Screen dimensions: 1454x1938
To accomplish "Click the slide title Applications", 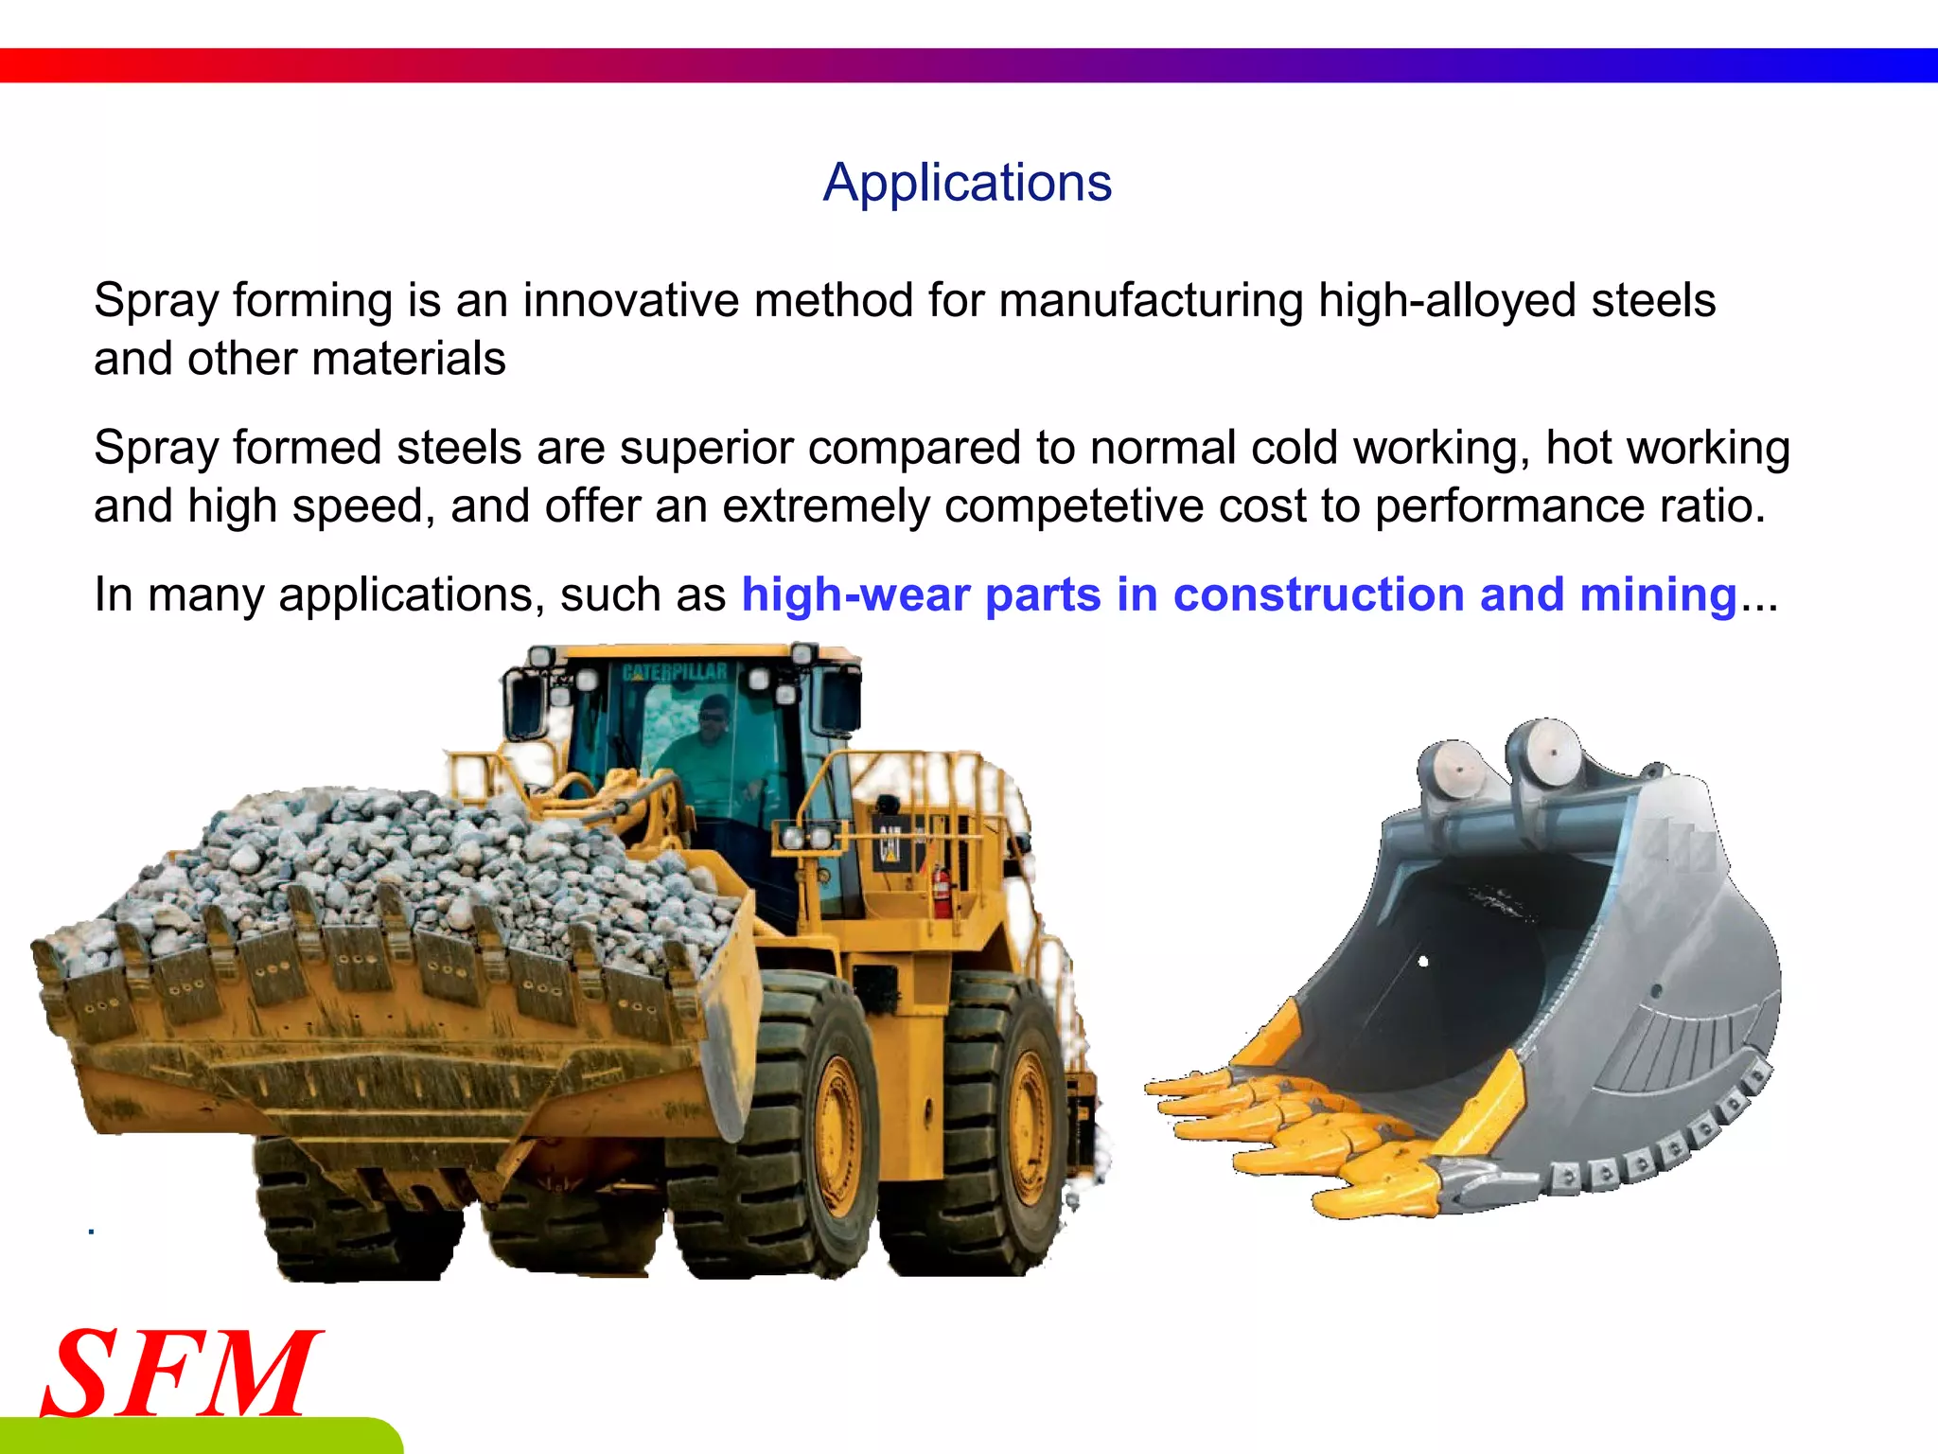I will tap(967, 182).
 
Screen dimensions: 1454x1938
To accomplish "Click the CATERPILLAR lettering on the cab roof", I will tap(675, 672).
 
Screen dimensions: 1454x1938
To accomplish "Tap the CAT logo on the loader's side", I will tap(890, 842).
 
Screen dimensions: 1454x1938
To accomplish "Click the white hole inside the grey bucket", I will tap(1422, 962).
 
